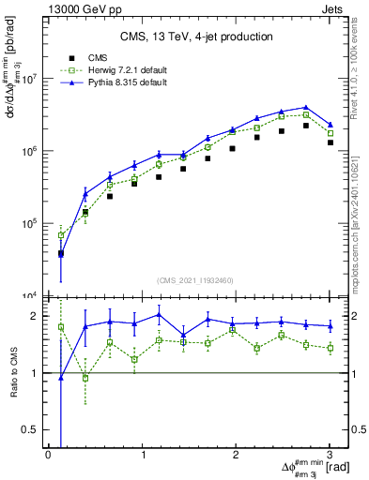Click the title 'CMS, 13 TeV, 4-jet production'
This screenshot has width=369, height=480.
[196, 37]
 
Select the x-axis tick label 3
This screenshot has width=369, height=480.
[330, 455]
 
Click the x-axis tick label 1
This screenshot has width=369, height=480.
[143, 455]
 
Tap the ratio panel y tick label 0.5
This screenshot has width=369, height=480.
[32, 429]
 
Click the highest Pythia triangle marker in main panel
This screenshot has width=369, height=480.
[306, 108]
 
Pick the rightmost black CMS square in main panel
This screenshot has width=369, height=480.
[330, 142]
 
